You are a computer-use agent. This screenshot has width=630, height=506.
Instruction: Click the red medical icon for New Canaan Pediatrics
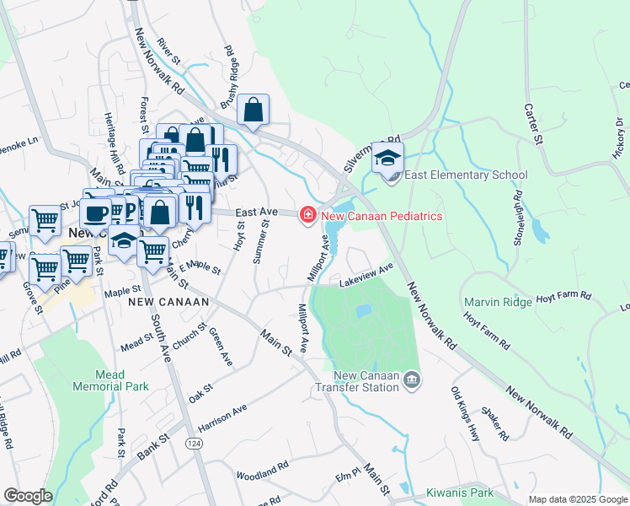tap(308, 216)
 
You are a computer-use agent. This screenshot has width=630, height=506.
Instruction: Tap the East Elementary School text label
tap(466, 175)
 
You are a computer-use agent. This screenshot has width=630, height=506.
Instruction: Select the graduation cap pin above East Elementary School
tap(387, 159)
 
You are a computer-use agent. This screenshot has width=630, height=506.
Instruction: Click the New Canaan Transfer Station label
tap(366, 381)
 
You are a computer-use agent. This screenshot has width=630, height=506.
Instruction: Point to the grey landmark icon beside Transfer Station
tap(412, 381)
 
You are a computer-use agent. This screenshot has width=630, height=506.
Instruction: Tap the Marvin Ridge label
tap(498, 302)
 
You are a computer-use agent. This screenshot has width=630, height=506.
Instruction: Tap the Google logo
tap(28, 496)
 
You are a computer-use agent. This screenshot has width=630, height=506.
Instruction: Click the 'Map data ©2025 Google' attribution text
tap(577, 499)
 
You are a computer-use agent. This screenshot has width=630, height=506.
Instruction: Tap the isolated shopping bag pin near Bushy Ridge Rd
tap(253, 110)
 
